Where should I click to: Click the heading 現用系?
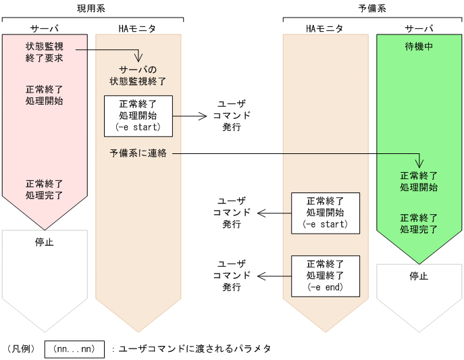point(91,8)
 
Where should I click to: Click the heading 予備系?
point(372,8)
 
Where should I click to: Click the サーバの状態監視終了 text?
point(138,76)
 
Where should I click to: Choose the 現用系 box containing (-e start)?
point(138,115)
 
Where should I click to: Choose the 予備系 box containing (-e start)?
point(325,213)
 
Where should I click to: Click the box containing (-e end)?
point(325,276)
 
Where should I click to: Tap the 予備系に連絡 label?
point(138,154)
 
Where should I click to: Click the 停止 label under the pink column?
point(45,242)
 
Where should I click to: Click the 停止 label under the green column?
point(419,276)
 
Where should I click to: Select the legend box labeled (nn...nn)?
point(74,349)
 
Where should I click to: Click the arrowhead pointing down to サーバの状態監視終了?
point(138,59)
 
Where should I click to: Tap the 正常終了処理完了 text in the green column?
point(419,224)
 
